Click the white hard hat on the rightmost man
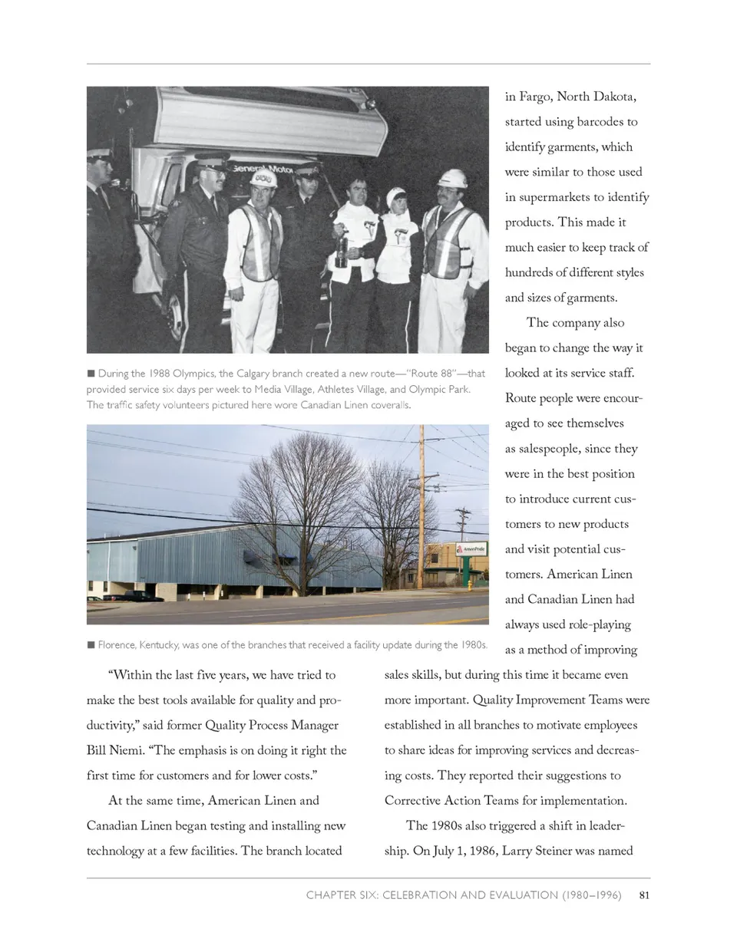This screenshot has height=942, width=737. [453, 179]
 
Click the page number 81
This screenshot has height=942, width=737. [645, 894]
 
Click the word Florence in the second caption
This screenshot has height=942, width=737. [117, 644]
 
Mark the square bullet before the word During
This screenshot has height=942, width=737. [91, 374]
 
